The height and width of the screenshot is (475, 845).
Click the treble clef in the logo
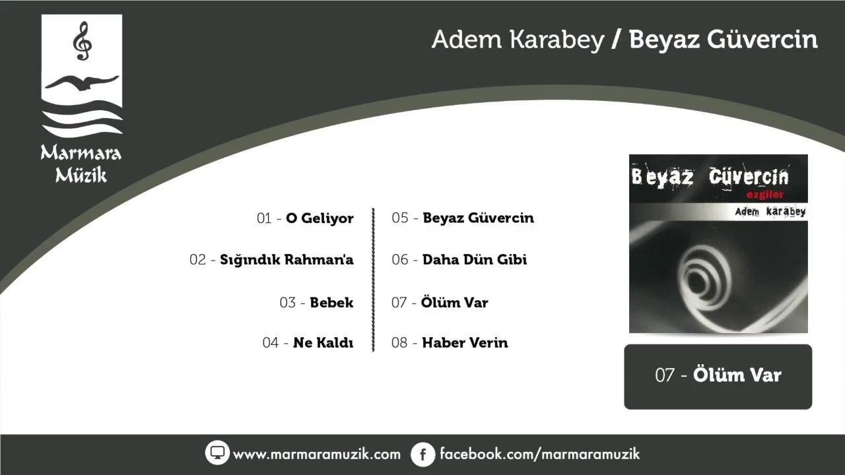83,41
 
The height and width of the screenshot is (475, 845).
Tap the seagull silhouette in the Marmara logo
82,84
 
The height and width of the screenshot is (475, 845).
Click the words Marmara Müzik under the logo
81,164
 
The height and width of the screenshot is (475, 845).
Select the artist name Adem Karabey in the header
518,40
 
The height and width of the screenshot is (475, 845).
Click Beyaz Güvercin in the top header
724,40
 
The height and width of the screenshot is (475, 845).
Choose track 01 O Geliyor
305,218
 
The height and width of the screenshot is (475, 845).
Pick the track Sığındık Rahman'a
271,260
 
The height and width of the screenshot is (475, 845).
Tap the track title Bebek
316,303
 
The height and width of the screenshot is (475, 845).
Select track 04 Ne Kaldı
308,343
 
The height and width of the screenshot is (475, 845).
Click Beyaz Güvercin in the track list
463,218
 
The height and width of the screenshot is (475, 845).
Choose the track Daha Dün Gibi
459,260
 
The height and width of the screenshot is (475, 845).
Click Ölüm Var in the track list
440,303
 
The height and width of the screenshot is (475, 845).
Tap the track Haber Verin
450,343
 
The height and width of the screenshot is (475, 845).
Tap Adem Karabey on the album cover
770,212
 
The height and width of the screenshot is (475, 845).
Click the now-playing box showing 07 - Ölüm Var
718,376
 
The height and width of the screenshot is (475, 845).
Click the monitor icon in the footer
217,453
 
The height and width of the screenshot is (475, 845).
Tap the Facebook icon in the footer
422,454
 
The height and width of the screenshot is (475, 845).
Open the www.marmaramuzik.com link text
317,454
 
